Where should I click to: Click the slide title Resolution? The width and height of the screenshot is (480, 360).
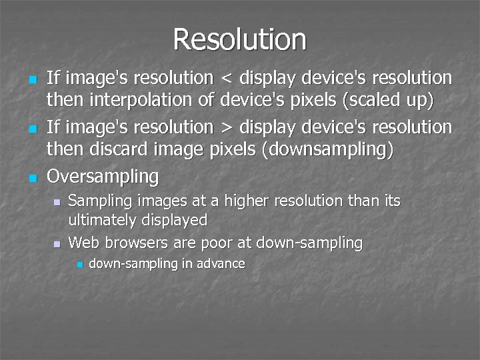click(239, 39)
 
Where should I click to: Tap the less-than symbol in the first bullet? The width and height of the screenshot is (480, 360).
click(227, 79)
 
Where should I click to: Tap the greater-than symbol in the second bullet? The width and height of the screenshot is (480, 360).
click(227, 127)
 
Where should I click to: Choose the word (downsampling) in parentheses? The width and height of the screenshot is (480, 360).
click(329, 150)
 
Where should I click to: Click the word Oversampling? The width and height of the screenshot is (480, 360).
click(103, 177)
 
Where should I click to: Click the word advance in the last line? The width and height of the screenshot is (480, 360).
click(221, 263)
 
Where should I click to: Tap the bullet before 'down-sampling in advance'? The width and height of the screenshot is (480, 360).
click(78, 265)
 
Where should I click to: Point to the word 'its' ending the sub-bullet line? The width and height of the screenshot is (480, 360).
click(391, 201)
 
